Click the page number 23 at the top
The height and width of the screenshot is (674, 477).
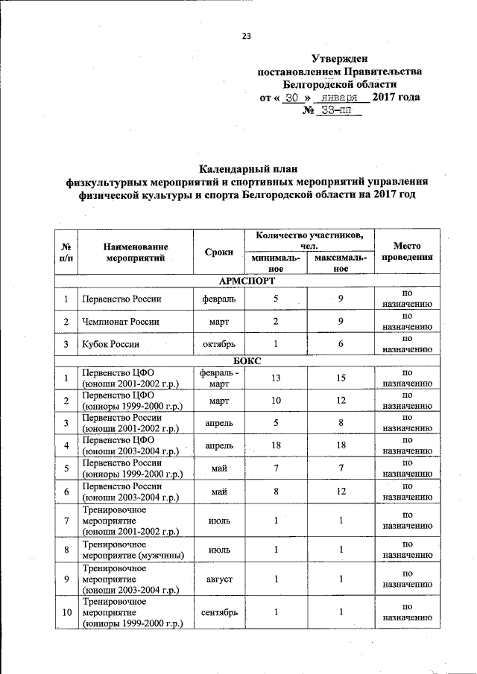point(247,35)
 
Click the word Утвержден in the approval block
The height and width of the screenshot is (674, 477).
point(339,58)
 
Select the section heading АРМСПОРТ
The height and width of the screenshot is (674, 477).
point(247,281)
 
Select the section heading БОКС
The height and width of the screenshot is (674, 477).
point(247,360)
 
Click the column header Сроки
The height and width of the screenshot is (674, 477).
point(219,252)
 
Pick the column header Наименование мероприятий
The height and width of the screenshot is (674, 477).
point(135,252)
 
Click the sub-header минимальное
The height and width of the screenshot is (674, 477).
point(275,264)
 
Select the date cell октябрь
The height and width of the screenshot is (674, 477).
point(219,344)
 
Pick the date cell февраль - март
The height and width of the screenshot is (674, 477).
point(219,378)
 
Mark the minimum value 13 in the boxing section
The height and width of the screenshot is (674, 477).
point(276,378)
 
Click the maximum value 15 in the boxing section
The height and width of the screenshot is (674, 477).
point(341,378)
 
